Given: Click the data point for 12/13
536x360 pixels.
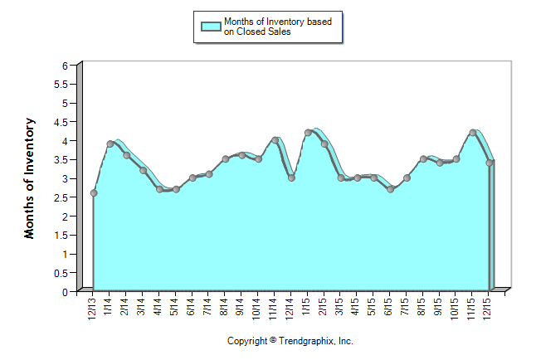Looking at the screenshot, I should click(x=94, y=193).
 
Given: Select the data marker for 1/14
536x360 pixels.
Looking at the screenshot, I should click(x=110, y=144).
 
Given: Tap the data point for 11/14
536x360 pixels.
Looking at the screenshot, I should click(x=275, y=140).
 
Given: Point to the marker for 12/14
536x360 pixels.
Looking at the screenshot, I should click(x=291, y=178).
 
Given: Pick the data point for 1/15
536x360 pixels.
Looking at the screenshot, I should click(x=308, y=133).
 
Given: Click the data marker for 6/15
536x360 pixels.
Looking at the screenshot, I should click(x=390, y=189).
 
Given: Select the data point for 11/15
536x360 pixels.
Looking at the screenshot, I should click(x=472, y=133).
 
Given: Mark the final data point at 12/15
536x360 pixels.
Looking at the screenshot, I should click(x=489, y=163).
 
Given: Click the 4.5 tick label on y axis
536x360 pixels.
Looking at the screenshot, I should click(x=61, y=121).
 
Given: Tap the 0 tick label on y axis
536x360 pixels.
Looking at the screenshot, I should click(x=65, y=291).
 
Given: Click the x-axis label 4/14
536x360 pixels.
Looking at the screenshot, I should click(x=158, y=307).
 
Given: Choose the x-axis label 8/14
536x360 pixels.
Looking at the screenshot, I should click(x=225, y=307).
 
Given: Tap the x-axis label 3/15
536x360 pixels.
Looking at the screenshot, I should click(x=340, y=307).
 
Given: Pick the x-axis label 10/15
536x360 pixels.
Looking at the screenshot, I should click(x=456, y=309).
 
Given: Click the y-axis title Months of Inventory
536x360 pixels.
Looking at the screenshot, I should click(x=30, y=178).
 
